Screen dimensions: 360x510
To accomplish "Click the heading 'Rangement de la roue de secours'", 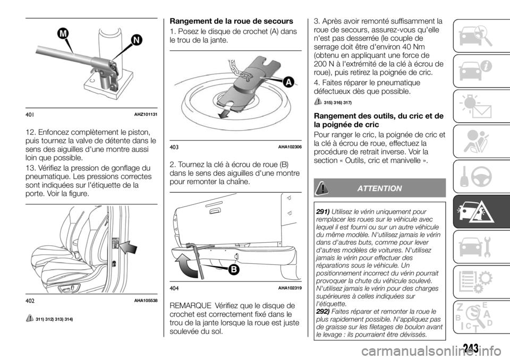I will [x=229, y=21].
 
